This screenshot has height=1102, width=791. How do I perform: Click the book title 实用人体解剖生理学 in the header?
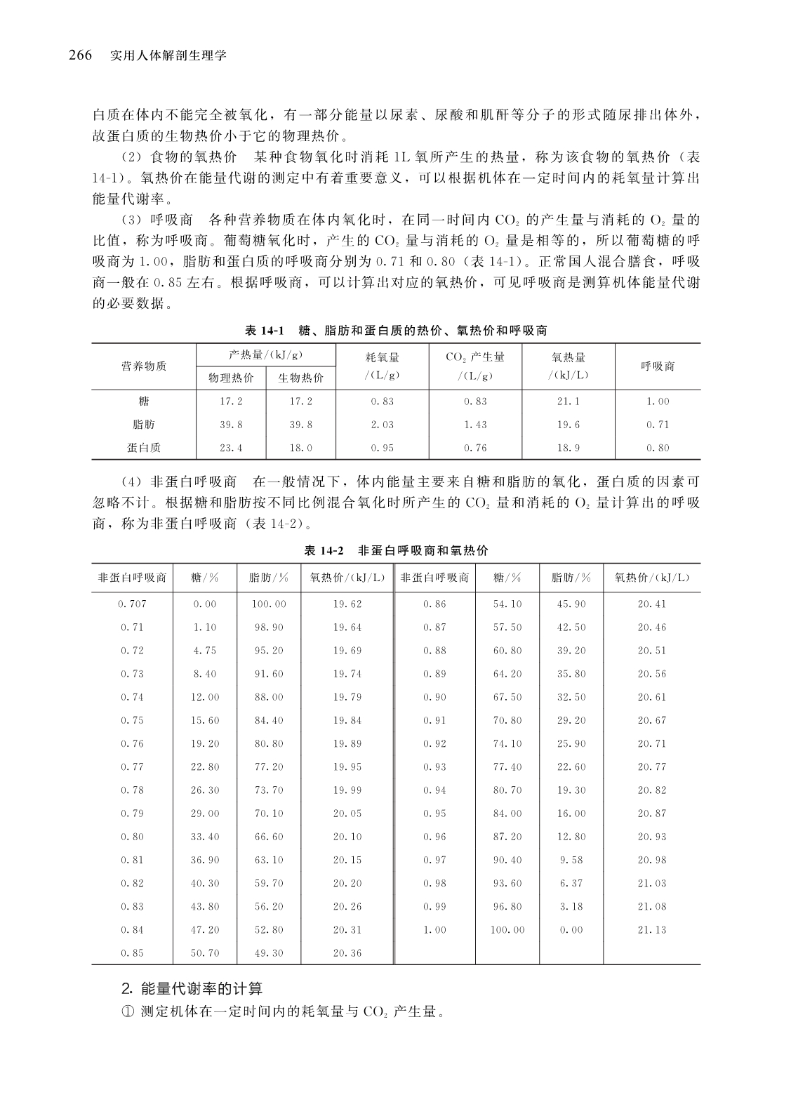168,56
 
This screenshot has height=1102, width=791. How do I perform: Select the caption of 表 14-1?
396,330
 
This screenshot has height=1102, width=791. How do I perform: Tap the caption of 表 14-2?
396,551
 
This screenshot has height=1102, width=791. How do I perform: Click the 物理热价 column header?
232,378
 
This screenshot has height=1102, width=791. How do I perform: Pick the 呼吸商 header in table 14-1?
658,366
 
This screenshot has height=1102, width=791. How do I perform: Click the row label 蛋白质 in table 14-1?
144,448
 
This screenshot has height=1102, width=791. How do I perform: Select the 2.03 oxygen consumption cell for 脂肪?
383,425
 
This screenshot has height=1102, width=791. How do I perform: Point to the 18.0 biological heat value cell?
301,448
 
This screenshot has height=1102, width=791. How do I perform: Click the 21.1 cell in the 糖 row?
568,401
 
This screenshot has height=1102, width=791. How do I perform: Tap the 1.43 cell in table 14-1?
475,425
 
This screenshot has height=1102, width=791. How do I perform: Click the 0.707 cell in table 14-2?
132,604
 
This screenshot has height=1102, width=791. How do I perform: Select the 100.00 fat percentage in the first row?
269,604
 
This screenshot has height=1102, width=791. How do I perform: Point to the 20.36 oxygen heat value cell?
347,952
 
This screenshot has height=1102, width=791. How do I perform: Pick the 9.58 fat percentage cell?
571,860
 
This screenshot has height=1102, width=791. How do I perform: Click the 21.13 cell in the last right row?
651,929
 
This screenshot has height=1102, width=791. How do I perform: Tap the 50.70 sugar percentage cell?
205,952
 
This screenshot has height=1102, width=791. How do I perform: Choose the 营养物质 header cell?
144,366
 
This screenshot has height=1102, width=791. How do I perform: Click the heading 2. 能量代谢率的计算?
192,989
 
